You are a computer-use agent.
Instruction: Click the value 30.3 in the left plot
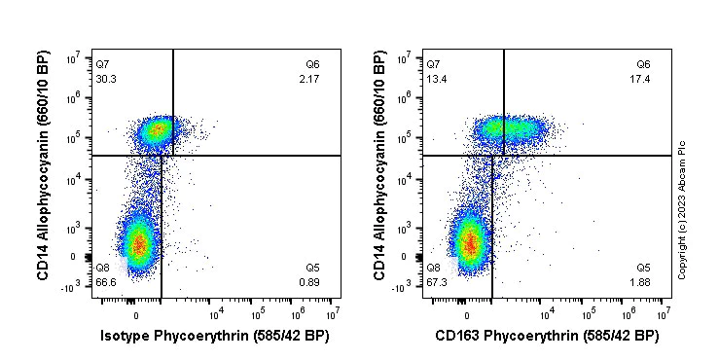(x=105, y=79)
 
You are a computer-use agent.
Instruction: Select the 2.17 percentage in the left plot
(x=309, y=79)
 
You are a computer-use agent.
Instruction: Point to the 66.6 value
(x=105, y=282)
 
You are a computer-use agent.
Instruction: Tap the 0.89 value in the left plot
(x=309, y=282)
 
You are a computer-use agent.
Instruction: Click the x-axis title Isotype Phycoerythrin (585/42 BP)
(x=215, y=337)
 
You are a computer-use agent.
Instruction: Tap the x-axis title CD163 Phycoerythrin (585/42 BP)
(x=546, y=337)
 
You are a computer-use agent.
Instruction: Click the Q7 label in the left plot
(x=102, y=64)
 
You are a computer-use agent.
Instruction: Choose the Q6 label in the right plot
(x=643, y=64)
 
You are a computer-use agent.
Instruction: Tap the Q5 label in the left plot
(x=312, y=268)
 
